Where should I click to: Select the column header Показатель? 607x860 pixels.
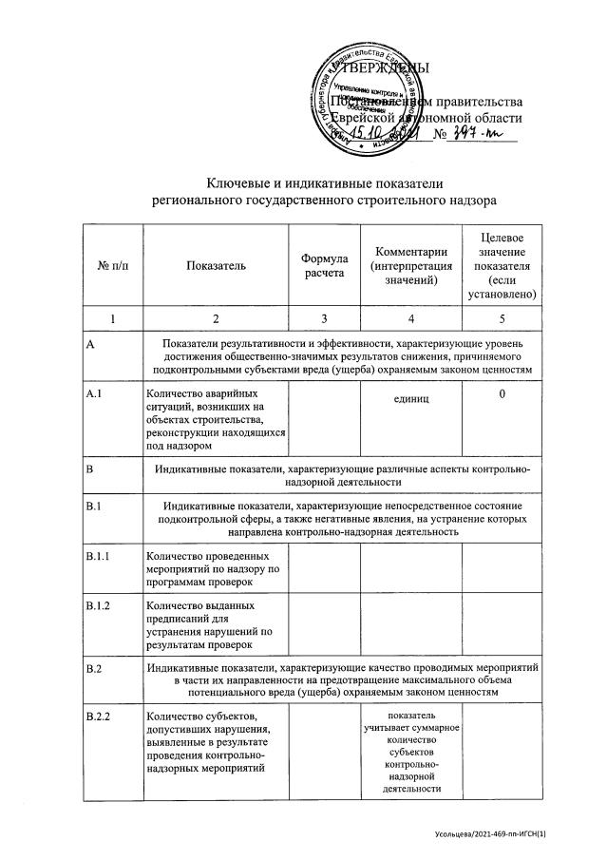(x=216, y=266)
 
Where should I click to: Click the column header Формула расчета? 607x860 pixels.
(x=323, y=266)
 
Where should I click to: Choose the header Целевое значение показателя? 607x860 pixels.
(x=502, y=265)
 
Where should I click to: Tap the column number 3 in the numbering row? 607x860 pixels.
(x=323, y=319)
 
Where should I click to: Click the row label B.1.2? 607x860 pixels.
(x=98, y=605)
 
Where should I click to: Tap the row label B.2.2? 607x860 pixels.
(x=98, y=715)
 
